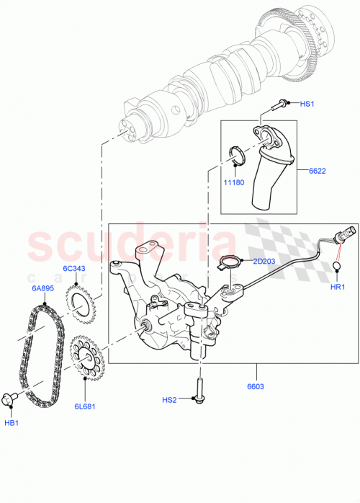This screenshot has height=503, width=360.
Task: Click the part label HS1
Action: [x=307, y=105]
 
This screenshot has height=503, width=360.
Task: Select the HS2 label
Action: [x=169, y=400]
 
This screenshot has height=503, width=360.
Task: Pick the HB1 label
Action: [x=13, y=422]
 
